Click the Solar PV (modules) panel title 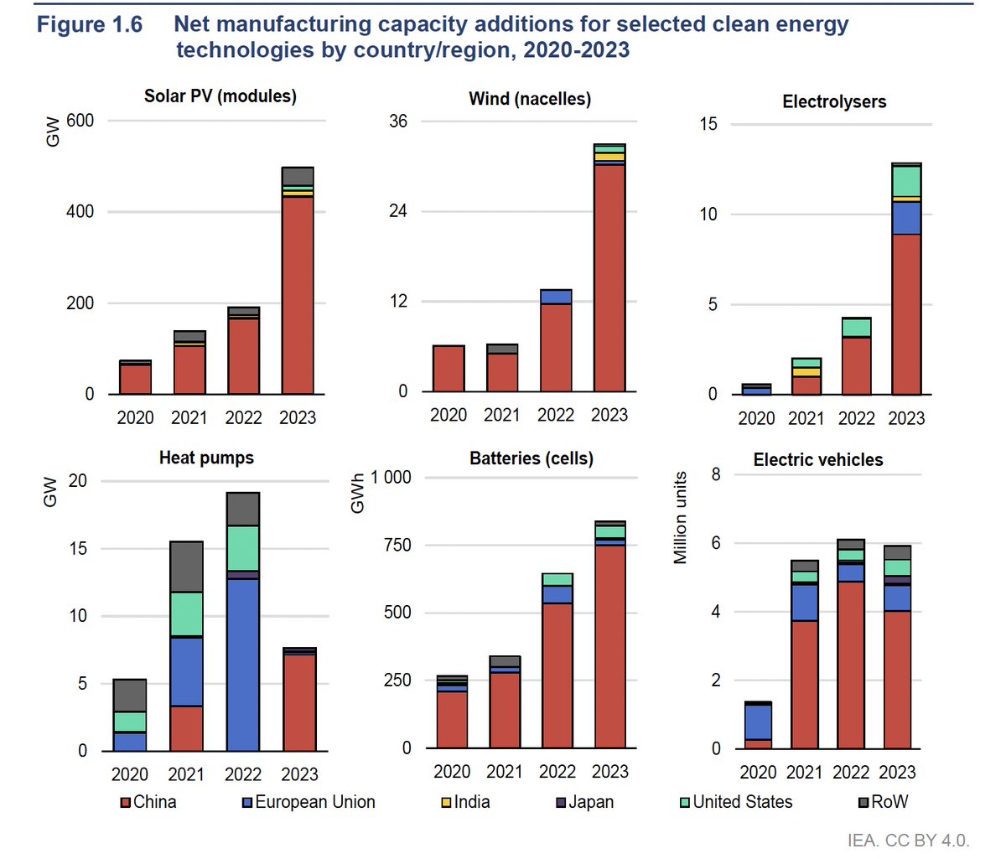[220, 96]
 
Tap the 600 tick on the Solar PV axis [80, 121]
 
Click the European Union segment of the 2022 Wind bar [556, 297]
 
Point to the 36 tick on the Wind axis [398, 122]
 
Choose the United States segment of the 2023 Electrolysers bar [906, 181]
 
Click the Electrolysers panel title [834, 102]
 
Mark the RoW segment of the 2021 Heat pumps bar [186, 567]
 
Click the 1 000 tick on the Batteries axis [391, 478]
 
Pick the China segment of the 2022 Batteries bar [557, 675]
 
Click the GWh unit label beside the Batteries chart [358, 494]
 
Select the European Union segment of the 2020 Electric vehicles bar [758, 722]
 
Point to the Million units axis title [680, 517]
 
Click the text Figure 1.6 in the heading [90, 24]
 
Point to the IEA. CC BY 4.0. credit [908, 841]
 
